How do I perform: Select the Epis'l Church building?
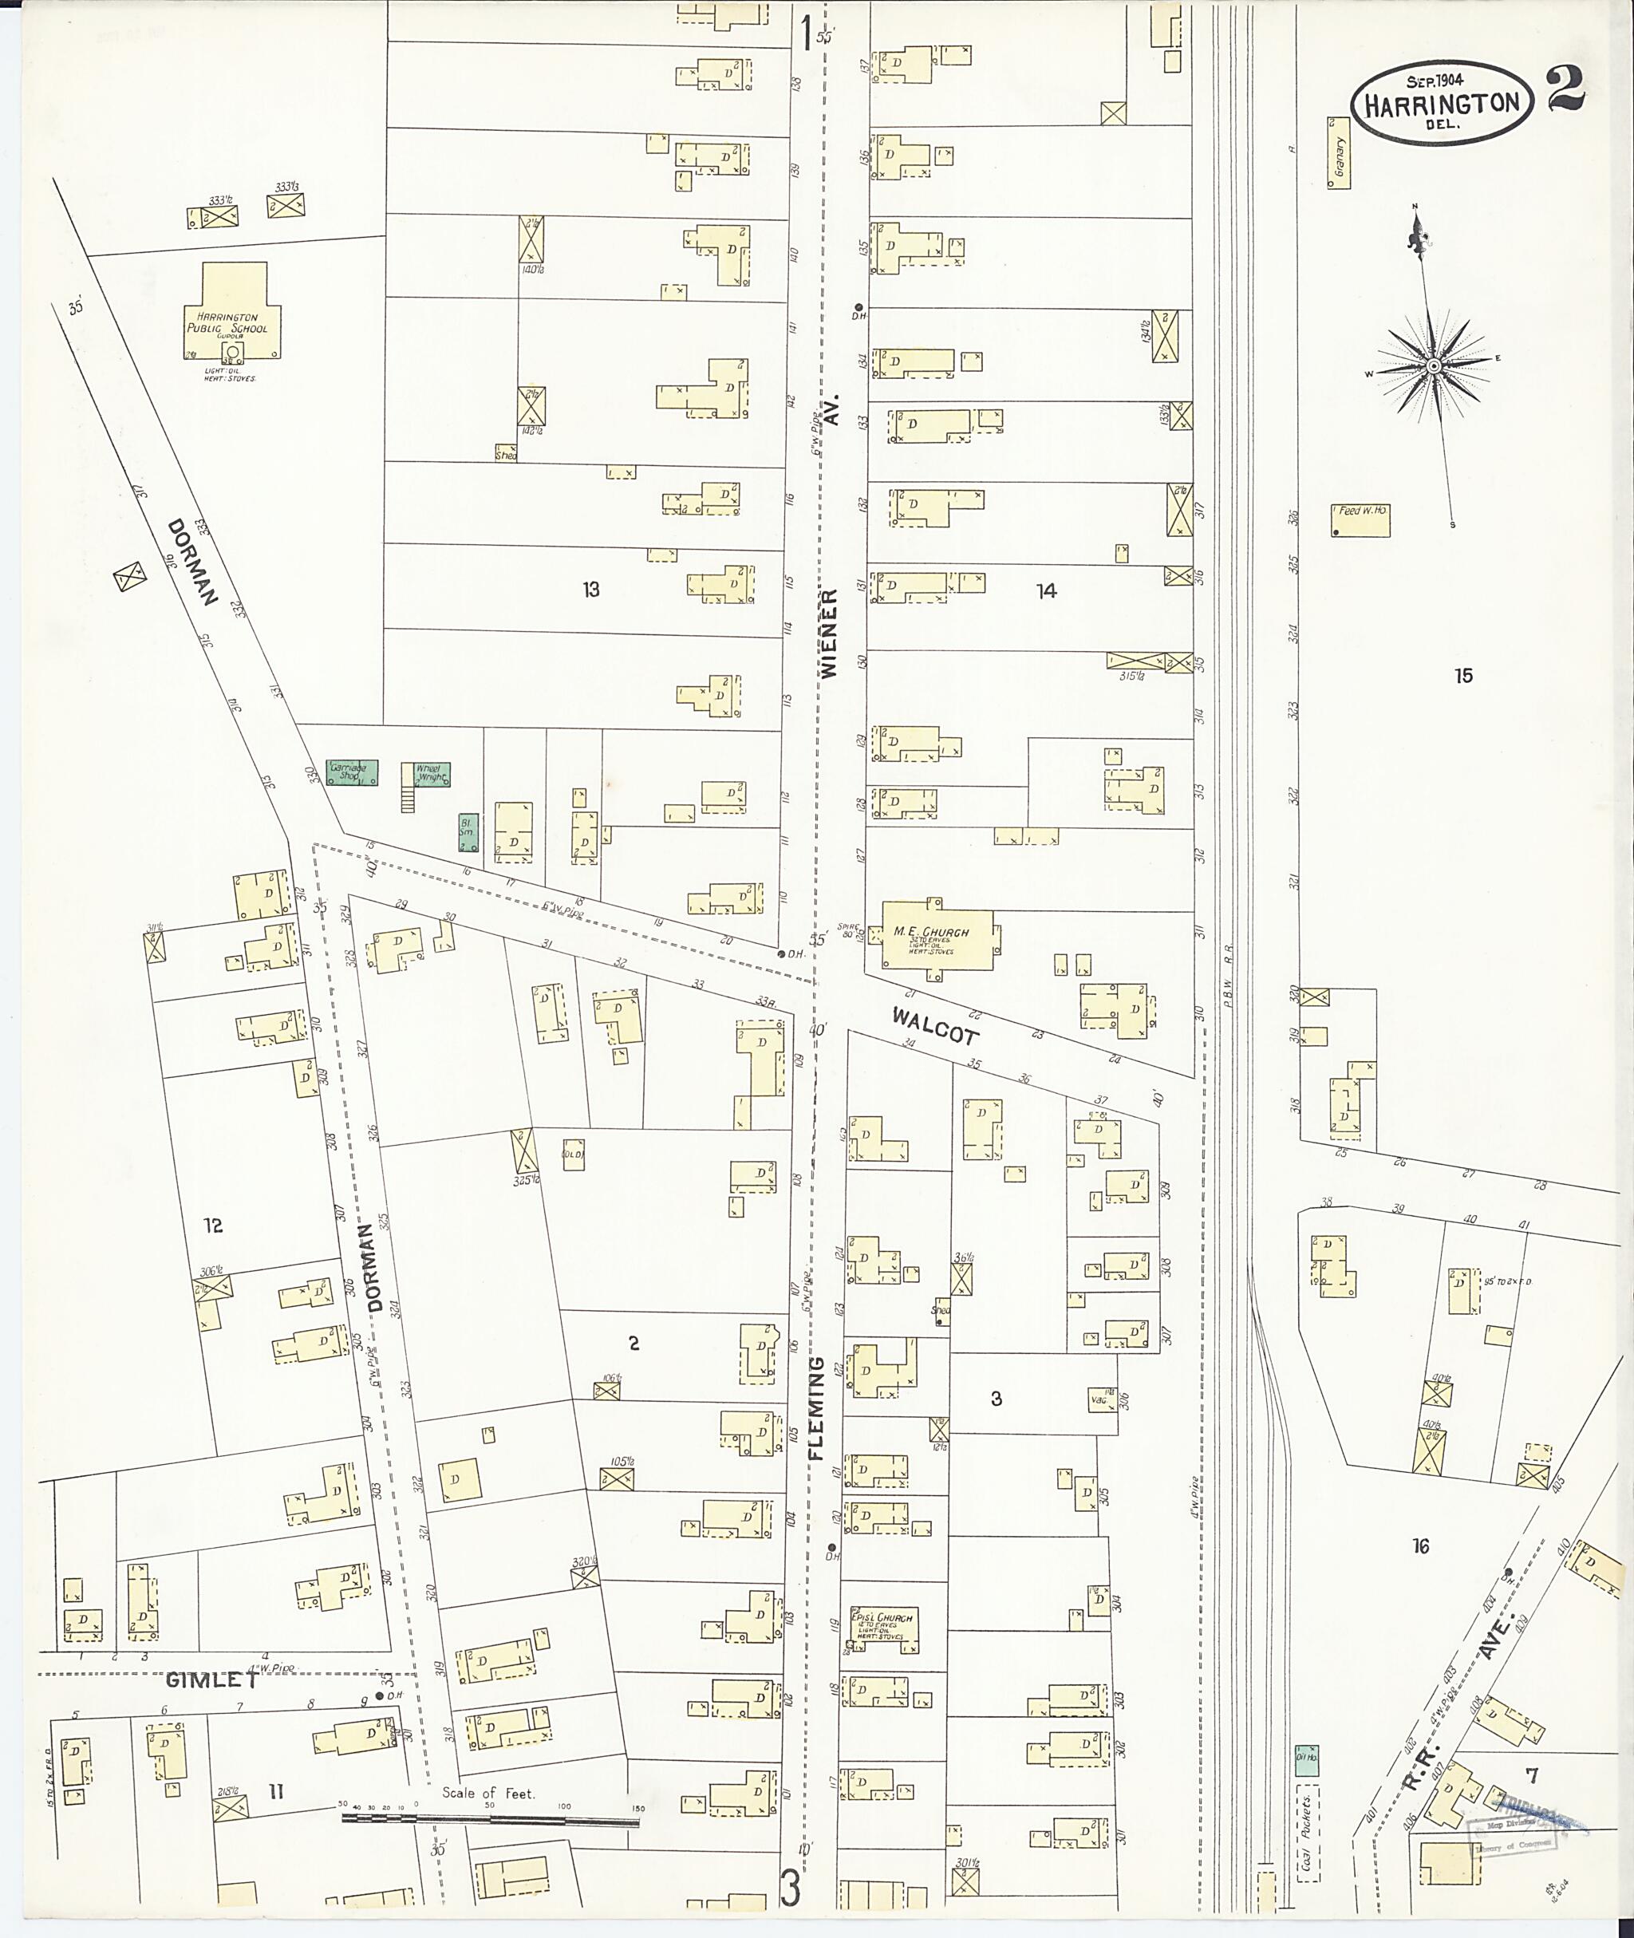click(x=884, y=1629)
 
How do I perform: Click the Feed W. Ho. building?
click(x=1361, y=519)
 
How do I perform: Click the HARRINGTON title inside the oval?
click(x=1440, y=104)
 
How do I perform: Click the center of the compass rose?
click(x=1433, y=366)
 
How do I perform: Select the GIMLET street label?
click(x=212, y=1679)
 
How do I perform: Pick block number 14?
click(x=1046, y=591)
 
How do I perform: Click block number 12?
click(x=213, y=1226)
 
